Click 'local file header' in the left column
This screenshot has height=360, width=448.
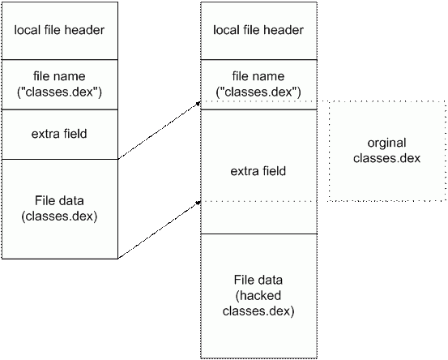(x=59, y=31)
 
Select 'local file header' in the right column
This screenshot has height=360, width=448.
(x=258, y=31)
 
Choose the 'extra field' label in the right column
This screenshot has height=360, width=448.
(x=258, y=172)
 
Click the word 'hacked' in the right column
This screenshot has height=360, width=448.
(x=258, y=296)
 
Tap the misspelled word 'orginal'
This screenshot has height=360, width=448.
(x=386, y=144)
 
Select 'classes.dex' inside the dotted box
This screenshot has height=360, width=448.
(x=386, y=158)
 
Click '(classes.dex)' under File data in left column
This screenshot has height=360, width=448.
(x=59, y=216)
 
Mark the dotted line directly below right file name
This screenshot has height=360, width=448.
(x=258, y=101)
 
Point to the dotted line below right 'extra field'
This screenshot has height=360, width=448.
(x=258, y=200)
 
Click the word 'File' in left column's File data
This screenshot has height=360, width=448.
(x=46, y=201)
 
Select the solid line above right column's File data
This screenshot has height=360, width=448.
(x=258, y=234)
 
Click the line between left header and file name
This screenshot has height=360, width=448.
(x=59, y=59)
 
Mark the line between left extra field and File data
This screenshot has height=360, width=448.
(x=59, y=160)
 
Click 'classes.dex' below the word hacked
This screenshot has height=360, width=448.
(x=258, y=311)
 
